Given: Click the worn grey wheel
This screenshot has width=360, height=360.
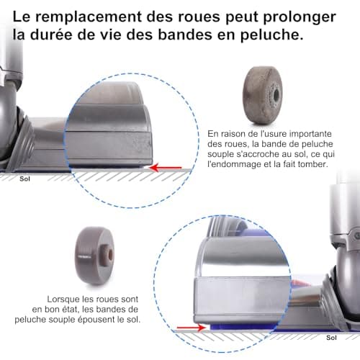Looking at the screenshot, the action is (262, 95).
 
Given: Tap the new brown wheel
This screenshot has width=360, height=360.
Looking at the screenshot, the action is (95, 256).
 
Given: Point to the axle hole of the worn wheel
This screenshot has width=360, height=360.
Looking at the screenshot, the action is (276, 95).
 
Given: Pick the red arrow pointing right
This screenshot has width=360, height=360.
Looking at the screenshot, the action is (192, 328).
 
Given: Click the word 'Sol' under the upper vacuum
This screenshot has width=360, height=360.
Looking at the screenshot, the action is (24, 179).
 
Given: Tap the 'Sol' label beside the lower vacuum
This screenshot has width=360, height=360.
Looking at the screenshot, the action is (331, 338).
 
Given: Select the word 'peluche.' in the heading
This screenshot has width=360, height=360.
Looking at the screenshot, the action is (272, 35).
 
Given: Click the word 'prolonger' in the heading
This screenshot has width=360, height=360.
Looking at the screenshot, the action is (300, 18).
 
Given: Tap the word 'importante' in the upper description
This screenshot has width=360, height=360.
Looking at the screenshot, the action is (310, 134).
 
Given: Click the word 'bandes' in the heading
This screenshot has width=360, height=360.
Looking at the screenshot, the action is (185, 35).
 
